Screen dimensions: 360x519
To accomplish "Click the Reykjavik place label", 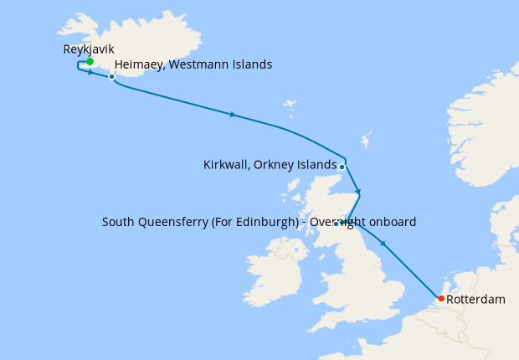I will pos(89,49).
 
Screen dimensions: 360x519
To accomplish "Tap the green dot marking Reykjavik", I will pos(90,61).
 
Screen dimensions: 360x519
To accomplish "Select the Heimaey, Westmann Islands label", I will pos(193,64).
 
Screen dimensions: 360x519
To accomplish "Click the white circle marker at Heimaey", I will pos(111,76).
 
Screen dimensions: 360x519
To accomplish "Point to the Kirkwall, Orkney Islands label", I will pos(270,165).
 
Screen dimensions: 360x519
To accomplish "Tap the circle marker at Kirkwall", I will pos(342,166).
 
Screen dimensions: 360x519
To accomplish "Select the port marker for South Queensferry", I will pos(336,224).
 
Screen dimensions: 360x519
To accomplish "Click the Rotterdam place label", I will pos(476,299).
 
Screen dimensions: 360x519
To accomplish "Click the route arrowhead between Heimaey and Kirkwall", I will pos(233,114).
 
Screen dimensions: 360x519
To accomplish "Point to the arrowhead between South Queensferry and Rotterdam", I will pos(383,244).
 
